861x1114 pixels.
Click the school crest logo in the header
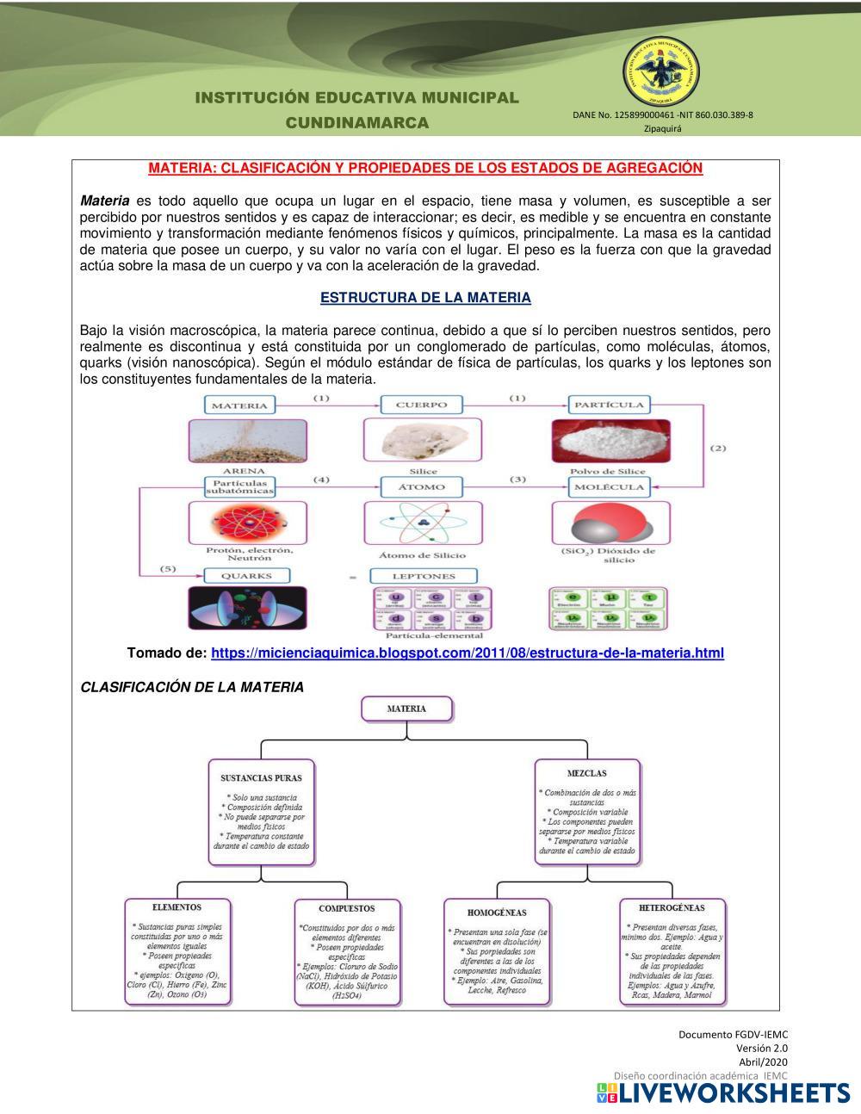660,74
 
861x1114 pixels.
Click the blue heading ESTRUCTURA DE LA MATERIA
425,298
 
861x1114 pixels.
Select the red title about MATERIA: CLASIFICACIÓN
425,168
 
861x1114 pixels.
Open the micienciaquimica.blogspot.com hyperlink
467,653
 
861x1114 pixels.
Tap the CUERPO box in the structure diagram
422,405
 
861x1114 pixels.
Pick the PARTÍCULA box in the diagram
609,405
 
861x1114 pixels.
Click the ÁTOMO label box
422,487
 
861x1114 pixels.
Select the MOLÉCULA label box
609,487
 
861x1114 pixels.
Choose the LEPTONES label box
424,576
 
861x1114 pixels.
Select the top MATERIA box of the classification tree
406,709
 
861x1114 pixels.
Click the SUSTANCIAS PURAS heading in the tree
261,778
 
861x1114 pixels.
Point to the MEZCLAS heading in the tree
586,774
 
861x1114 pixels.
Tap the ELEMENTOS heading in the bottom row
177,907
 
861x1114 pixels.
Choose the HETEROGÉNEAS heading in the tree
672,907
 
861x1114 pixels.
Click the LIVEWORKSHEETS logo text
734,1093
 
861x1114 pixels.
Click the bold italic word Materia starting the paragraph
104,201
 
